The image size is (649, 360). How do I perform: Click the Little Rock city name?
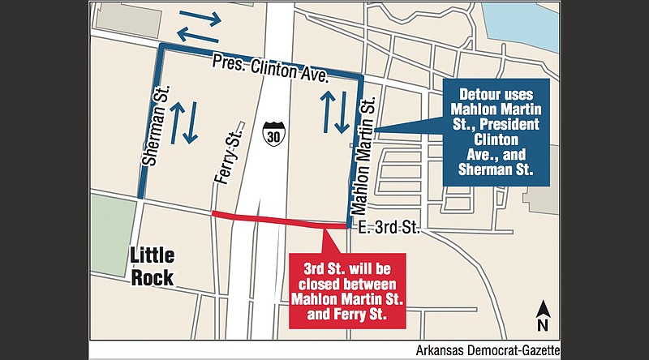153,267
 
